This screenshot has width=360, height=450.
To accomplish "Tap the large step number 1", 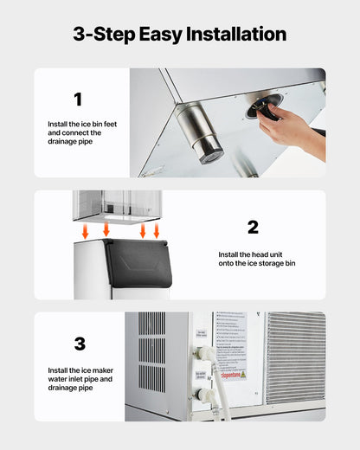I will coord(77,100).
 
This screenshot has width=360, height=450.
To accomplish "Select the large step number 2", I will coord(253,228).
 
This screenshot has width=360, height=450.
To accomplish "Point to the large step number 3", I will coord(80,344).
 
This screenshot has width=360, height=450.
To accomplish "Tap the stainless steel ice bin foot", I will coord(199,132).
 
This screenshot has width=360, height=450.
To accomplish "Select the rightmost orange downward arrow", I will coord(157,231).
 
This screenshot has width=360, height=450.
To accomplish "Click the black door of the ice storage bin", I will coord(138,263).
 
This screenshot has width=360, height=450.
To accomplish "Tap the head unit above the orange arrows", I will coord(117,204).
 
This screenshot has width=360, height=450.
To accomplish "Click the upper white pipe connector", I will coord(205,354).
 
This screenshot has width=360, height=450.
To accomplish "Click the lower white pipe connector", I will coord(203,394).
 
